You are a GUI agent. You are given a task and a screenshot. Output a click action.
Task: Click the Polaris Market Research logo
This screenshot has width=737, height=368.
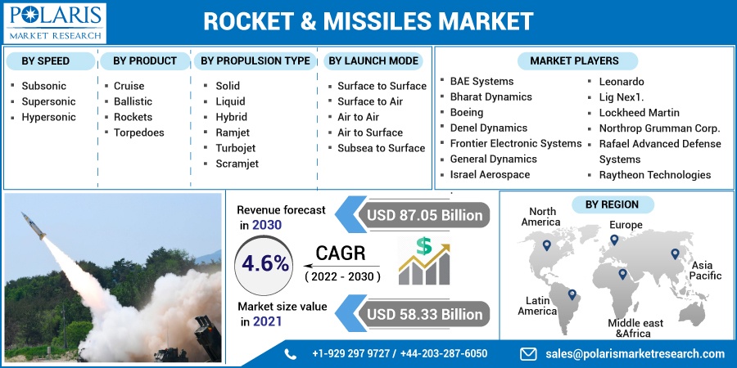click(x=55, y=23)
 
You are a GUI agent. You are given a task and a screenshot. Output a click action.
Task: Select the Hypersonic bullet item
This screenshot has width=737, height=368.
click(x=48, y=117)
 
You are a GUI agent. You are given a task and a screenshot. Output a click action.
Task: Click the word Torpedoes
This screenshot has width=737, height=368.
click(x=138, y=132)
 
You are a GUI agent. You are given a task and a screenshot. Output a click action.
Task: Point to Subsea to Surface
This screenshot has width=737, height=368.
click(x=381, y=148)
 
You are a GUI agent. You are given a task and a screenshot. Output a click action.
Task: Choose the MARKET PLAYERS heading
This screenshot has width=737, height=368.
click(x=574, y=61)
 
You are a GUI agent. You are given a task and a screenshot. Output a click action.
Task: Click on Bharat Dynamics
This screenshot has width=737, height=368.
click(x=491, y=96)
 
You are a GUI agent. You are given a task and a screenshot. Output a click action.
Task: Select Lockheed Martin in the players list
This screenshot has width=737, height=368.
click(x=640, y=113)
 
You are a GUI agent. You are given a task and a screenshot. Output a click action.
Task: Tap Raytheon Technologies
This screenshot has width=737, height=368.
click(x=655, y=175)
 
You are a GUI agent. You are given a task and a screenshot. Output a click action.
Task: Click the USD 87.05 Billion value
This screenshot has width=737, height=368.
click(x=424, y=215)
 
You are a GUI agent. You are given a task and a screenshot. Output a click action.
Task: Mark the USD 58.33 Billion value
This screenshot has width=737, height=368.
click(x=424, y=314)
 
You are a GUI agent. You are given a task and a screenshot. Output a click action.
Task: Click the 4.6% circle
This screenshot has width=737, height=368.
click(x=265, y=264)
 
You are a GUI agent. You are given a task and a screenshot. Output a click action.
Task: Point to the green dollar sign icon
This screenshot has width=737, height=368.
click(x=423, y=246)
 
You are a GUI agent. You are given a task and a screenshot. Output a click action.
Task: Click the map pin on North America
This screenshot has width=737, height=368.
click(x=546, y=245)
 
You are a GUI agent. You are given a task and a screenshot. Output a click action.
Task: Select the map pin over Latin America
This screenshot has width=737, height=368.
click(x=572, y=294)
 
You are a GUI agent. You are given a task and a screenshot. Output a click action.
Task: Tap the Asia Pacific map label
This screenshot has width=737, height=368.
click(x=705, y=271)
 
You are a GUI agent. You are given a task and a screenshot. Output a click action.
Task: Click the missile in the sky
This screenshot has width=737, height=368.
click(x=34, y=226)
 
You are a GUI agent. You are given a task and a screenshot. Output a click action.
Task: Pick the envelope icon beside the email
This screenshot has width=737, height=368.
click(x=528, y=353)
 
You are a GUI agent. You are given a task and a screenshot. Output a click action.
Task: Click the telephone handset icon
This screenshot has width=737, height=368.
click(x=291, y=354)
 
